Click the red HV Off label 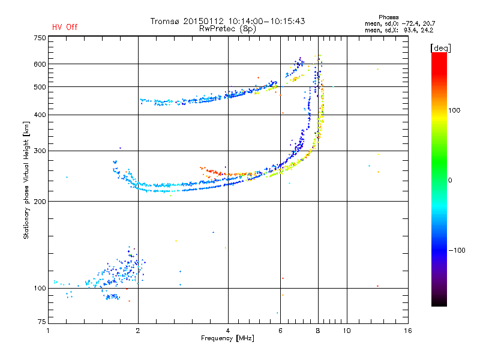pyautogui.click(x=64, y=27)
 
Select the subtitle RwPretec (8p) pyautogui.click(x=227, y=28)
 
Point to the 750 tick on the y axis pyautogui.click(x=40, y=38)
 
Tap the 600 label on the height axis pyautogui.click(x=40, y=64)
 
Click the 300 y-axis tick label pyautogui.click(x=40, y=151)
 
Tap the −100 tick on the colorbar pyautogui.click(x=458, y=250)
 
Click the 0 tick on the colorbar pyautogui.click(x=452, y=180)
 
